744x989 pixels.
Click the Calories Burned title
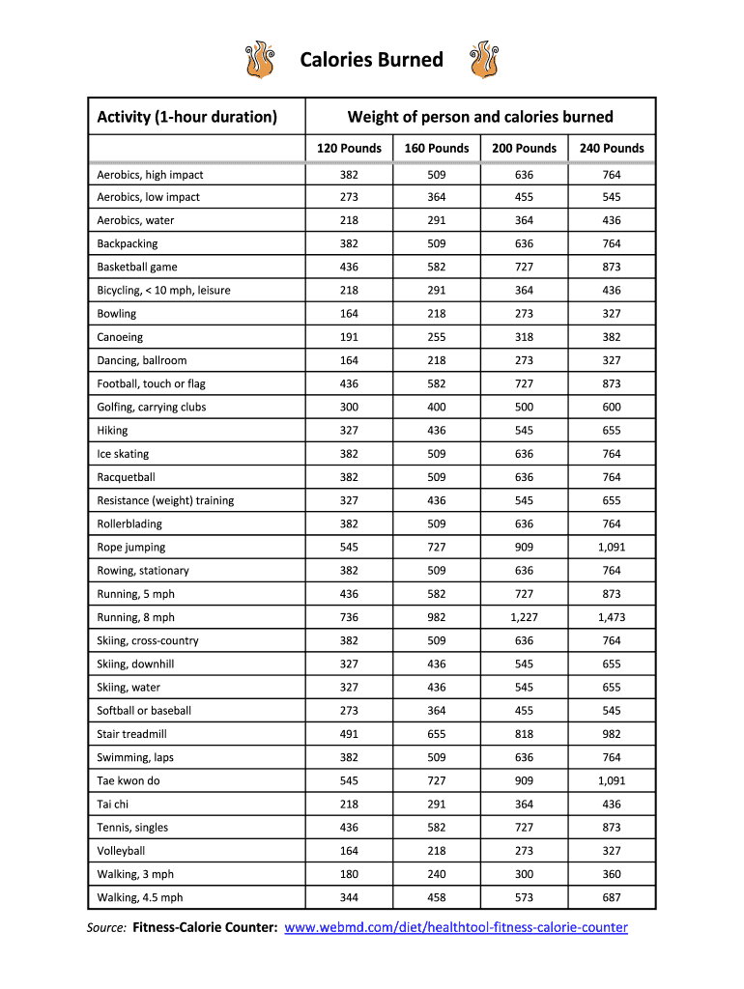371,60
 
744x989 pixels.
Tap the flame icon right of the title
483,60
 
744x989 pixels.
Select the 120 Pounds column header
350,148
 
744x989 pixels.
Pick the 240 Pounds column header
612,148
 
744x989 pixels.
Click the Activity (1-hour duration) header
187,117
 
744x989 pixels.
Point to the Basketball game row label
137,267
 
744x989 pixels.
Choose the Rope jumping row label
131,547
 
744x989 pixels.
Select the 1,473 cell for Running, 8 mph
612,617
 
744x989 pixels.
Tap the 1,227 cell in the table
524,617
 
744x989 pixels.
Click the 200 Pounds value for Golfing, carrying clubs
524,407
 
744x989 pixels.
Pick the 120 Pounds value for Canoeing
349,337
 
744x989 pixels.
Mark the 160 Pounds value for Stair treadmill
437,734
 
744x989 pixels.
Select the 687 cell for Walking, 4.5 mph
612,897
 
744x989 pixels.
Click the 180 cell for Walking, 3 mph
349,874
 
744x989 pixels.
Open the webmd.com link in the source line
457,928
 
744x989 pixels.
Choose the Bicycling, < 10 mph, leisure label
164,290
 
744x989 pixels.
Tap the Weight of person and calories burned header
480,117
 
